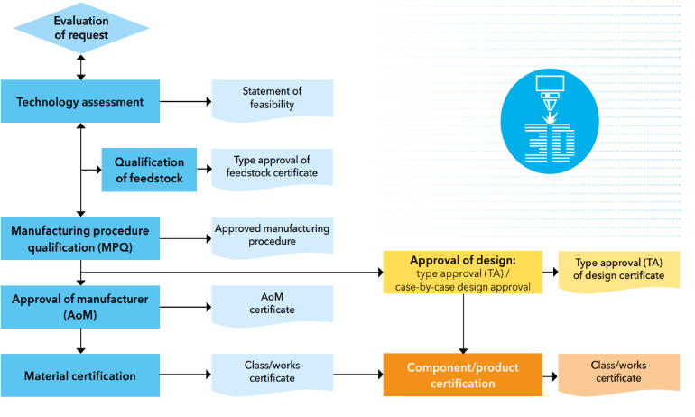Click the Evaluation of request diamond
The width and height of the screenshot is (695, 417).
tap(81, 28)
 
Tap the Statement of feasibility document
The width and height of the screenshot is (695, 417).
tap(272, 98)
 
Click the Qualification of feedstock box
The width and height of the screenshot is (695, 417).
tap(149, 170)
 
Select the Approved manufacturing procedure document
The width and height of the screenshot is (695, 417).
tap(272, 236)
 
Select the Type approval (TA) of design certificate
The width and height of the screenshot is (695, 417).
tap(618, 269)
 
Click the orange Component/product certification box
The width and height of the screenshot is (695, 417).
tap(463, 375)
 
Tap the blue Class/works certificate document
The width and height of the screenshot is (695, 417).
tap(272, 372)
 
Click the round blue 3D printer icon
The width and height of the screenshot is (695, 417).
tap(549, 122)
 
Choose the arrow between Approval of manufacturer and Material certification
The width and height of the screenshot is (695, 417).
tap(81, 340)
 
